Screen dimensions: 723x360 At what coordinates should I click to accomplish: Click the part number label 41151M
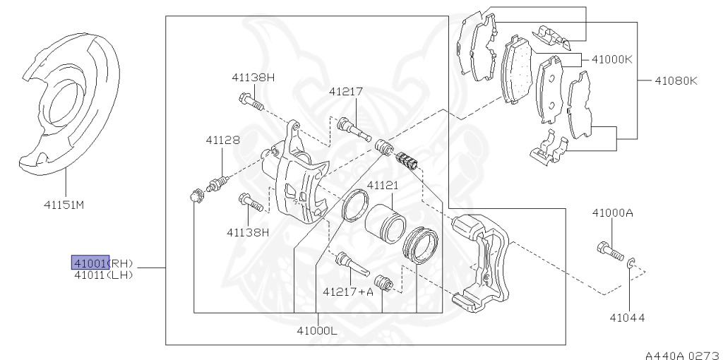click(64, 204)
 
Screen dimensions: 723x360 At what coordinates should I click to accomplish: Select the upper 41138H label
click(253, 78)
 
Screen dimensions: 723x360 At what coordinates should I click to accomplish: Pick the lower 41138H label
click(248, 232)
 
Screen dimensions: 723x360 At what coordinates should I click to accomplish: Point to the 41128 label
click(222, 140)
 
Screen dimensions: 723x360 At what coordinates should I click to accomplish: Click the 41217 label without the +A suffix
click(346, 92)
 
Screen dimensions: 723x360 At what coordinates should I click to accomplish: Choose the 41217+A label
click(347, 292)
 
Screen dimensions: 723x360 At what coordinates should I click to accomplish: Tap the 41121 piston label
click(382, 186)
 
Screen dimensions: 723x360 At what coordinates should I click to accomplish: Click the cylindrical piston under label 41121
click(385, 223)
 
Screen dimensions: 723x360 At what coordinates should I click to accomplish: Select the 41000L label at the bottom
click(317, 330)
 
